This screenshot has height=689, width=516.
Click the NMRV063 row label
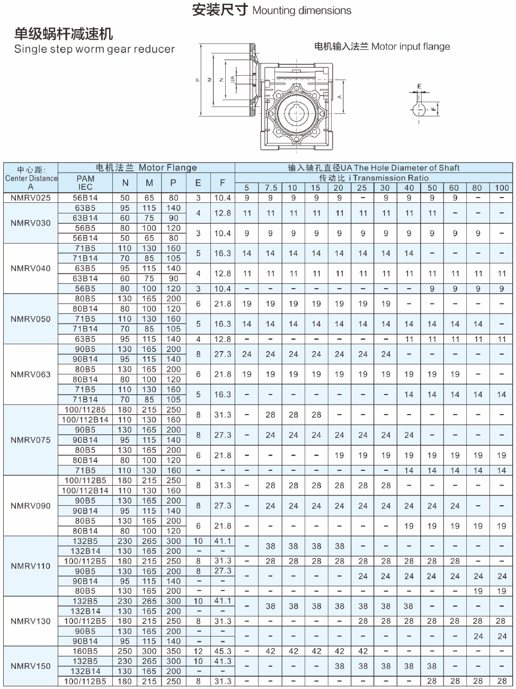click(31, 374)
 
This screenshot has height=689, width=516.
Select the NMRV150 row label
click(31, 666)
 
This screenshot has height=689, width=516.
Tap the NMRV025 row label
click(31, 198)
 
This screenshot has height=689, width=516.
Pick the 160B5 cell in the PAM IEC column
click(85, 651)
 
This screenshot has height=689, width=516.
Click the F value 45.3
click(223, 651)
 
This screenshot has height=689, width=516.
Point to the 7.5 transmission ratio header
click(270, 187)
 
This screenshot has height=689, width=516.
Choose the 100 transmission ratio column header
click(501, 187)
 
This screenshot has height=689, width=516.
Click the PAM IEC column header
click(85, 183)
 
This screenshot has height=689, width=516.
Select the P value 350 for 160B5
click(174, 651)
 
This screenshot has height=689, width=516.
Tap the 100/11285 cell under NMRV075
click(85, 410)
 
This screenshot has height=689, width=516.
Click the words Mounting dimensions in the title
click(301, 11)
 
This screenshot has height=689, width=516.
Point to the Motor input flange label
click(382, 47)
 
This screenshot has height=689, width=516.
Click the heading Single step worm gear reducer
click(94, 49)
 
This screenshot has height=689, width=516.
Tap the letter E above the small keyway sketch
click(419, 86)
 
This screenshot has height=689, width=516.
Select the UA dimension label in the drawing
click(233, 79)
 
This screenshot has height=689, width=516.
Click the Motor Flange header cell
click(146, 167)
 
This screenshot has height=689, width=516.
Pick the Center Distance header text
click(31, 178)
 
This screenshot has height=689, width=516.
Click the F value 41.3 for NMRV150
click(223, 661)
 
